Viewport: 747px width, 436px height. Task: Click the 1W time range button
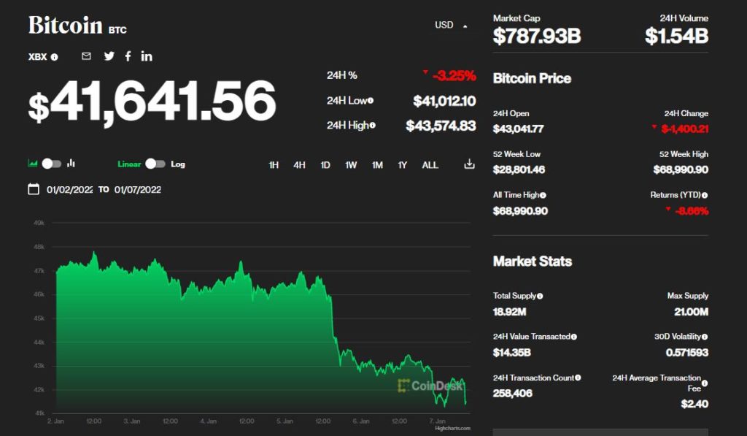351,165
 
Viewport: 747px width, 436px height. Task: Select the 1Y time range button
403,165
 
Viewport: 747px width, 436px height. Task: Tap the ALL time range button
430,165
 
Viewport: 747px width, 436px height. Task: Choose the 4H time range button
299,165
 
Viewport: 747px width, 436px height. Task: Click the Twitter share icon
109,56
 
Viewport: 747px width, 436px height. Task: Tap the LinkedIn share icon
147,56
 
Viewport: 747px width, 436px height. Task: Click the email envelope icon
86,56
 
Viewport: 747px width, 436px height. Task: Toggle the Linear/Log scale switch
155,164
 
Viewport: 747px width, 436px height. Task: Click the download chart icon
469,164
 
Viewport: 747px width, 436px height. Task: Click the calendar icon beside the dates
34,189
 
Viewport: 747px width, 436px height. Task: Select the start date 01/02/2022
69,190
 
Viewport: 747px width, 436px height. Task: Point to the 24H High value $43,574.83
441,126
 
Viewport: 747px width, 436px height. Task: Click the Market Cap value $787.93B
537,36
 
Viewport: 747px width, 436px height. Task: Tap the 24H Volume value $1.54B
676,36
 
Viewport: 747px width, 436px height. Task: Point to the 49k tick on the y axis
39,223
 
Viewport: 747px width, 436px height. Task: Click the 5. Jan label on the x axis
285,421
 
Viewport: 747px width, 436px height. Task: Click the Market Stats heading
533,261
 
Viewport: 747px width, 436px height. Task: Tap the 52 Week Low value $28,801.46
519,169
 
